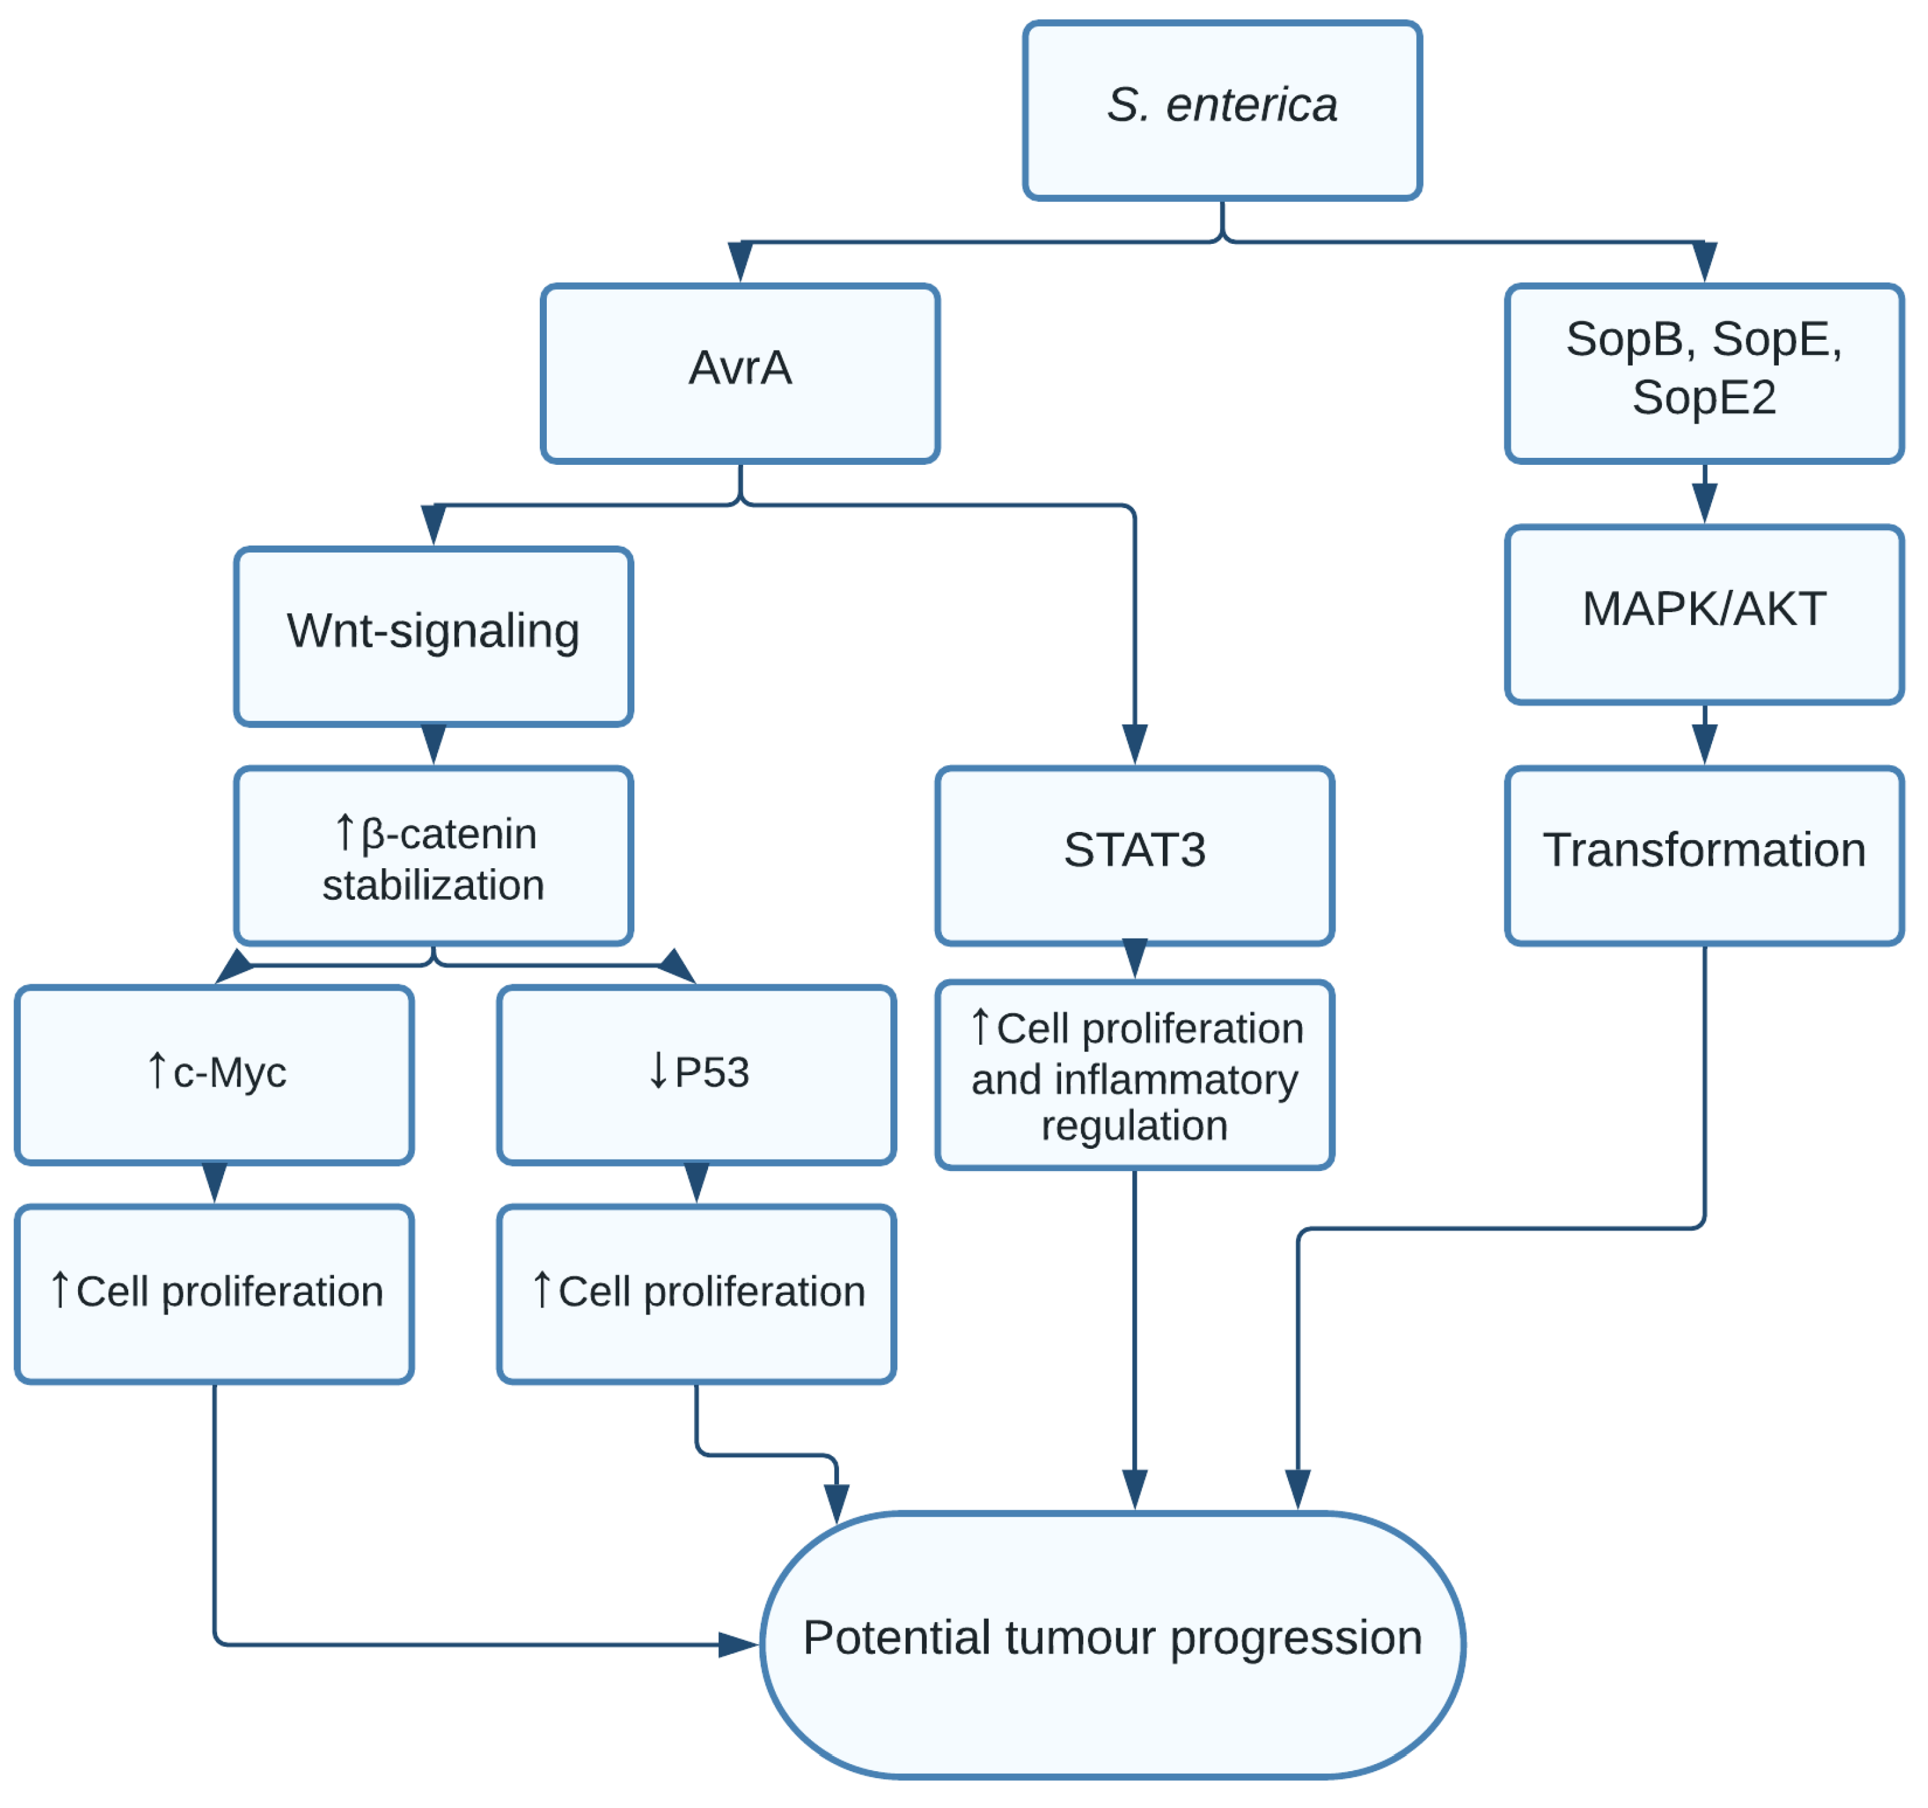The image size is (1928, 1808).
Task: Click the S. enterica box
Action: [1222, 110]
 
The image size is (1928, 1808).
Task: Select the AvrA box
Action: [740, 373]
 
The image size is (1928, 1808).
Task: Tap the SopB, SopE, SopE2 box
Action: [1704, 373]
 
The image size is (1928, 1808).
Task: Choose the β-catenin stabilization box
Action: [434, 855]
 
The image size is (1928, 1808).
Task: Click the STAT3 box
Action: [1135, 855]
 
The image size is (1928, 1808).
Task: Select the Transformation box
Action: [1704, 855]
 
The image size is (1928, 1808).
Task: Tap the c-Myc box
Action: [215, 1074]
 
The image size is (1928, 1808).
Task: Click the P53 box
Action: [697, 1074]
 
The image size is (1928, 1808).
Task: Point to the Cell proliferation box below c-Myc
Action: [215, 1293]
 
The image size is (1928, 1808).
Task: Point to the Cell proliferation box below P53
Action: [697, 1293]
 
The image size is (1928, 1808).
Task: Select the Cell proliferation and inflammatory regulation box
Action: [1135, 1074]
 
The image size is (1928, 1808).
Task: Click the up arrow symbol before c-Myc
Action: [157, 1070]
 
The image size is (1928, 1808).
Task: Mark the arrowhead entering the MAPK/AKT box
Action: [1704, 502]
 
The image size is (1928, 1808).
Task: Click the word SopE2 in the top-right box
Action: [1704, 398]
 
